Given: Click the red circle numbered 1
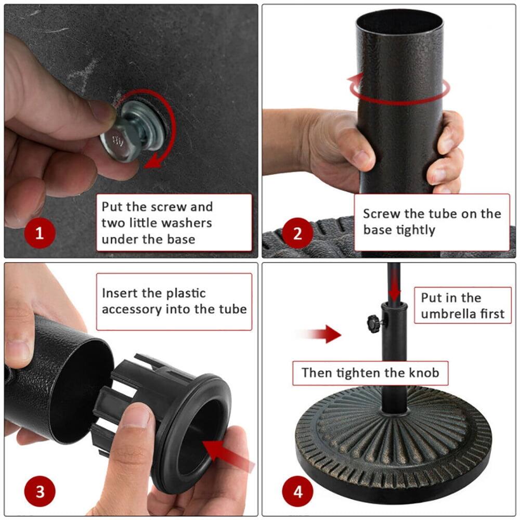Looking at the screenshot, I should pyautogui.click(x=39, y=232).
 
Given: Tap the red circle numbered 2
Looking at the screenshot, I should pyautogui.click(x=297, y=232).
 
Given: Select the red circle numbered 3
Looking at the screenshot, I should pyautogui.click(x=40, y=490).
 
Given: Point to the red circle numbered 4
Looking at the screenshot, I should pyautogui.click(x=297, y=490).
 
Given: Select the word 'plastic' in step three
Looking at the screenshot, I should pyautogui.click(x=186, y=293).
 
